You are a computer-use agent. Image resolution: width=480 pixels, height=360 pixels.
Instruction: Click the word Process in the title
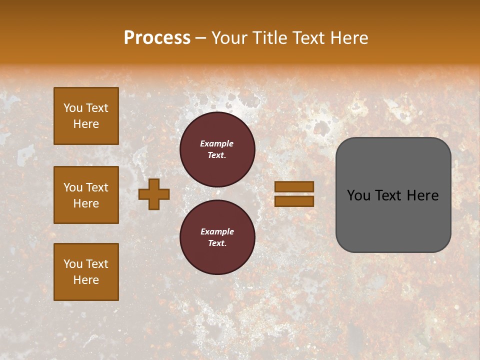pos(157,38)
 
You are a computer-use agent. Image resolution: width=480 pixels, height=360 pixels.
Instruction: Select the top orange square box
pos(86,116)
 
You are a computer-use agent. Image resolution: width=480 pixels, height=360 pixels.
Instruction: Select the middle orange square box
pos(86,195)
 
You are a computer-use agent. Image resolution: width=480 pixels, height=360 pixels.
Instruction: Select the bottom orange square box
pos(86,272)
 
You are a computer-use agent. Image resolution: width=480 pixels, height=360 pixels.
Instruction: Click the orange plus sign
pos(154,194)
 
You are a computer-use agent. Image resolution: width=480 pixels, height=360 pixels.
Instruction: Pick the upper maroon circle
pos(217,149)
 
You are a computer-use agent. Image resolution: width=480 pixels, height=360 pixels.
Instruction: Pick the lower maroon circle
pos(217,237)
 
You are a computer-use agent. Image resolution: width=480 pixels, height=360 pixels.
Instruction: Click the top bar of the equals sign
pos(294,186)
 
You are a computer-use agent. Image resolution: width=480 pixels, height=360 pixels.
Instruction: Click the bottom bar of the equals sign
pos(294,201)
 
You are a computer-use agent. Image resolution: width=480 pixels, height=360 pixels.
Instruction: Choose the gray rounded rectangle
pos(393,225)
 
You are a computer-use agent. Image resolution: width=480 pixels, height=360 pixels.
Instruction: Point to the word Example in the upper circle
pos(217,143)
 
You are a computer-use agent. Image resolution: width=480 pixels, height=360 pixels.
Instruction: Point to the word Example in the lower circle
pos(217,231)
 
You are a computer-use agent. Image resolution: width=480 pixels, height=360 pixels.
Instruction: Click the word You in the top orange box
pos(72,108)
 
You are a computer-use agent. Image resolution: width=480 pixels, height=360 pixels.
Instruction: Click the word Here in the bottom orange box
pos(86,280)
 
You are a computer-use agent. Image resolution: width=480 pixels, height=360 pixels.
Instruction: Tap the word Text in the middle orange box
pos(97,187)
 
